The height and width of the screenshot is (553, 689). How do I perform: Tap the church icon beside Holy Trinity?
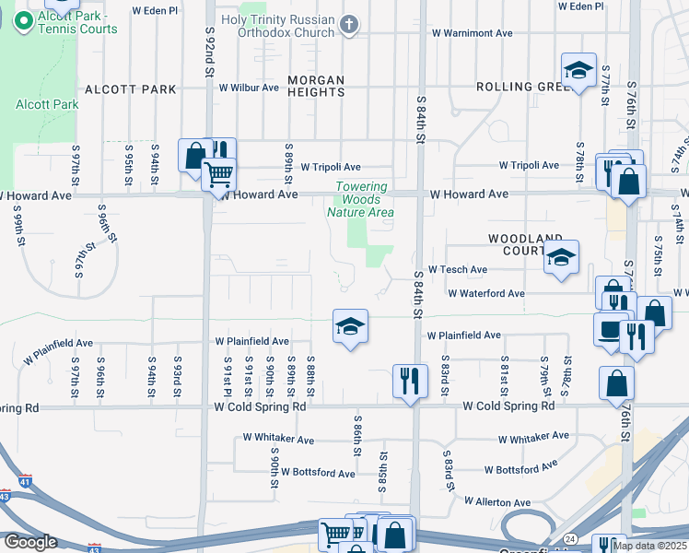pos(349,26)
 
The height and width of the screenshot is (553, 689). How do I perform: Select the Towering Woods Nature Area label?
pos(361,200)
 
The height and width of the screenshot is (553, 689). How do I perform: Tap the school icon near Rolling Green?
pos(578,70)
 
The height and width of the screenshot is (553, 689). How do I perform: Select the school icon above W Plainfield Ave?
pos(350,325)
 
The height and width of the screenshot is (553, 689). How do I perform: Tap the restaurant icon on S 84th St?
pos(410,380)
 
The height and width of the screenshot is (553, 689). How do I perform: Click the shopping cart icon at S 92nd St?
pos(218,173)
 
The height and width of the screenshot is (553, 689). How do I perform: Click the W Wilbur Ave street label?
pos(249,88)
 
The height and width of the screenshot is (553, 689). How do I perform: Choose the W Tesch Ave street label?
pos(457,270)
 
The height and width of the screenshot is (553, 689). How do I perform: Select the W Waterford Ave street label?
pos(485,294)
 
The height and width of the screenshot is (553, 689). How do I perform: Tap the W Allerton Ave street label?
pos(497,502)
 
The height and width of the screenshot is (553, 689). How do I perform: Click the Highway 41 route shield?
pos(25,480)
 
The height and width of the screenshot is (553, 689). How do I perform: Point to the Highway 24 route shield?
pos(570,538)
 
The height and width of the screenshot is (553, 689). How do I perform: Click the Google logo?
pos(30,542)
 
